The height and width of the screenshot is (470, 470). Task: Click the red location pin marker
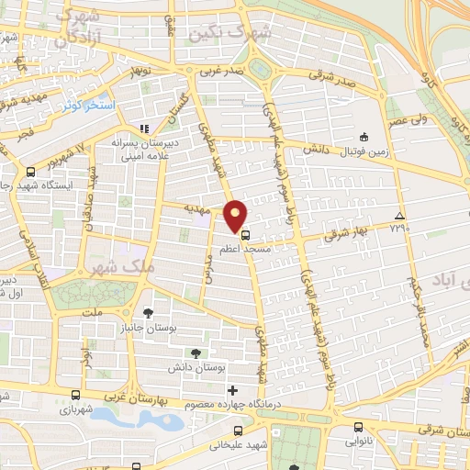(236, 216)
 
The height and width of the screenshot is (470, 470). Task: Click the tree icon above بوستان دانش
(195, 352)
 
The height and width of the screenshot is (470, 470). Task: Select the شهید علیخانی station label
(238, 447)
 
